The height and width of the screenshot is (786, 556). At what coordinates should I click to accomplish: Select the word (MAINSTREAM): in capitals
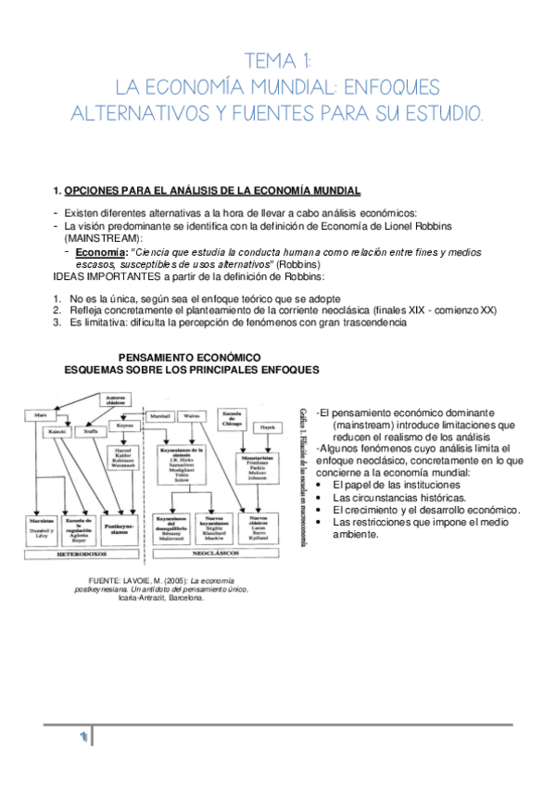click(109, 238)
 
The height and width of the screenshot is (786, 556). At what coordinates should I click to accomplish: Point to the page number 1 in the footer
click(82, 737)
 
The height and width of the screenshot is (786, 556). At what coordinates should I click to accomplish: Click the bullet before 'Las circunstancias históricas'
click(319, 498)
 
